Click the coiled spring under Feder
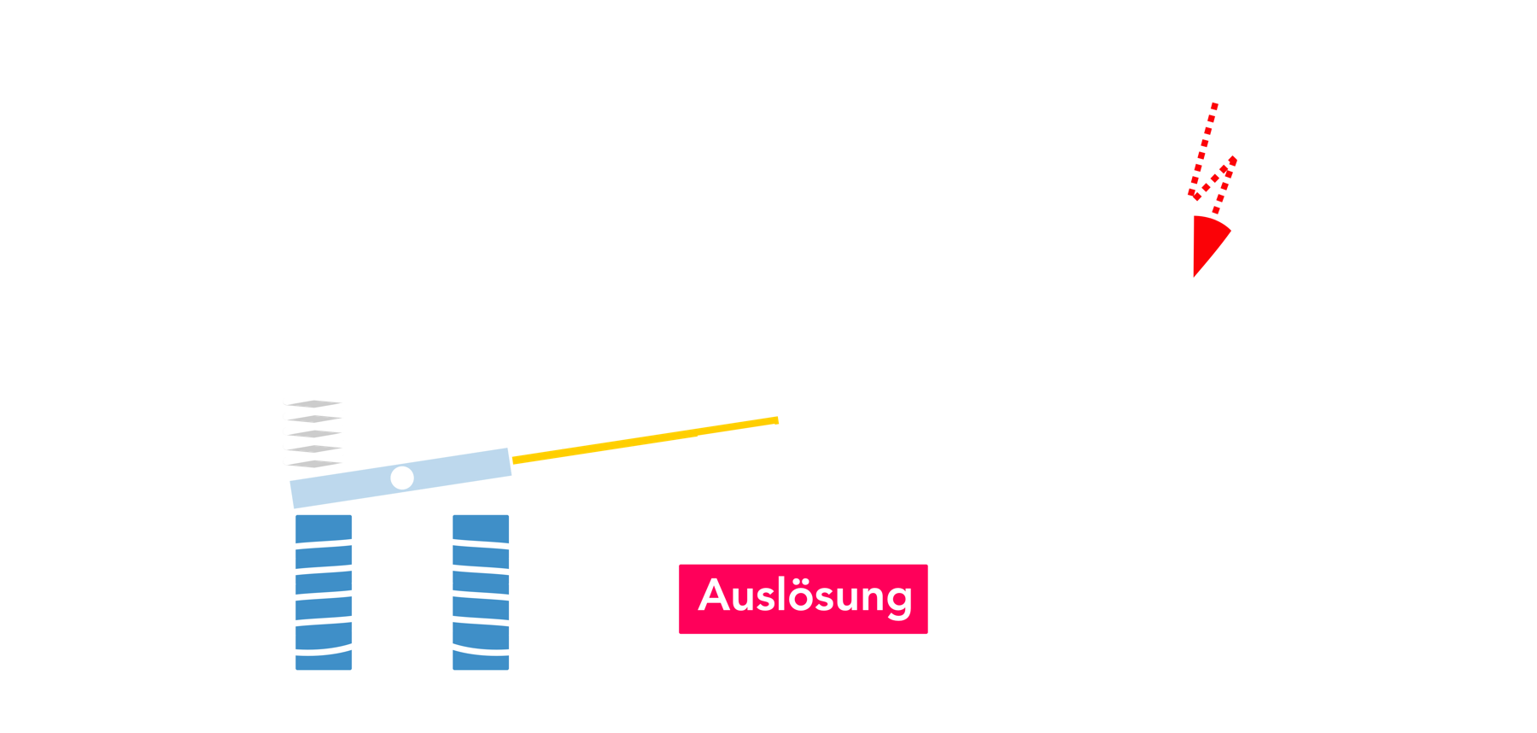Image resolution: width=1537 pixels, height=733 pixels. click(x=315, y=431)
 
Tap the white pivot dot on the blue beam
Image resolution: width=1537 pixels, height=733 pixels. click(x=402, y=478)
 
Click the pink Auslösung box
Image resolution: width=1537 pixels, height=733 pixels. click(x=804, y=598)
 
